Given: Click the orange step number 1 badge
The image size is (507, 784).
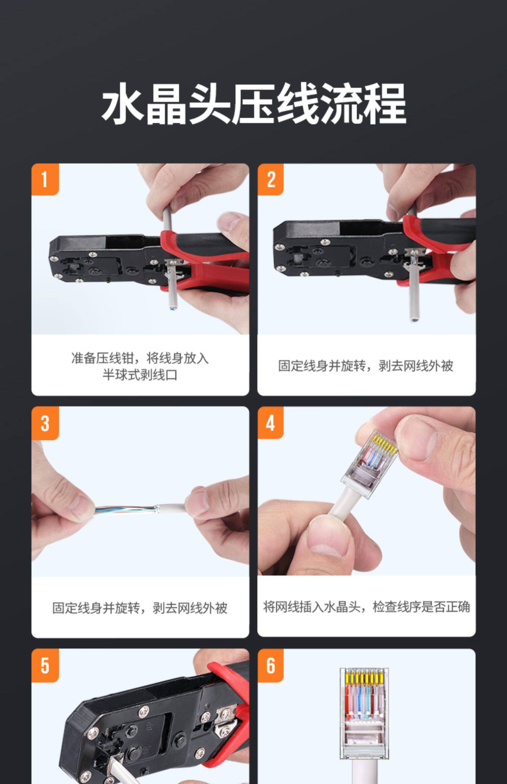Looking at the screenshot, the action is pyautogui.click(x=45, y=179).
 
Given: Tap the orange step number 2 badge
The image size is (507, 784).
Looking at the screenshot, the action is pyautogui.click(x=271, y=179).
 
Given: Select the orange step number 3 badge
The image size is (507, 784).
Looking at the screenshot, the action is pyautogui.click(x=45, y=423).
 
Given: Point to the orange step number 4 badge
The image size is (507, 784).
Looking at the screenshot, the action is pyautogui.click(x=271, y=423).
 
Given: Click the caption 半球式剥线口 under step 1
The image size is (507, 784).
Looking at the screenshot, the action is pyautogui.click(x=140, y=375).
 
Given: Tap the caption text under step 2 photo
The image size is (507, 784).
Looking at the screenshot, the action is pyautogui.click(x=366, y=366).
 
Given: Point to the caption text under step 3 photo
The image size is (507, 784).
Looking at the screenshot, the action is pyautogui.click(x=140, y=608).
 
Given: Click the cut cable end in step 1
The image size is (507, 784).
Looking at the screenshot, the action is pyautogui.click(x=172, y=307).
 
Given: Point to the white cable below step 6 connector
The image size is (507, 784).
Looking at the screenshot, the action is pyautogui.click(x=364, y=772).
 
